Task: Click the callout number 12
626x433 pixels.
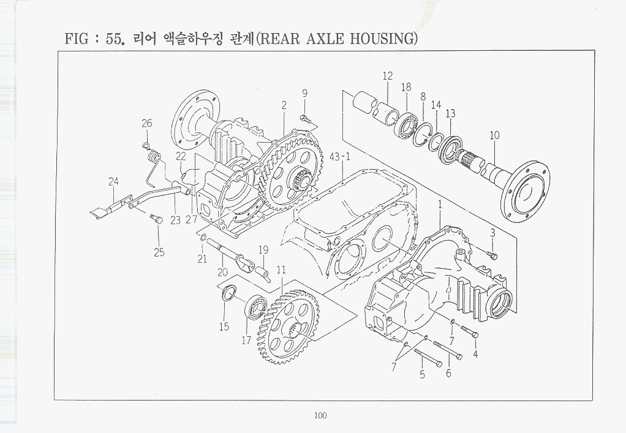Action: point(388,76)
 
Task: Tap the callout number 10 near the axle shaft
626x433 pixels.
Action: point(494,135)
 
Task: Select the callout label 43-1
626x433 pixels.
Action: point(340,157)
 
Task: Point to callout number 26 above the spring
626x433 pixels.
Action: point(147,123)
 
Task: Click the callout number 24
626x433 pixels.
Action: point(113,181)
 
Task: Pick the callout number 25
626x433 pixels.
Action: point(159,252)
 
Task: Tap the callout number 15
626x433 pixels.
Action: point(224,327)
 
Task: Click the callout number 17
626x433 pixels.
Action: point(246,341)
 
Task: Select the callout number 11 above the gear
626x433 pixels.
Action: point(281,270)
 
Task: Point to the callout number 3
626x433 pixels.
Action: point(492,233)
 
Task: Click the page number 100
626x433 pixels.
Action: point(320,415)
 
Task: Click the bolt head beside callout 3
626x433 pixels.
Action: point(492,254)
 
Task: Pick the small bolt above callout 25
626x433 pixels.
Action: point(156,217)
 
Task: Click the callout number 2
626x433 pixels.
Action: point(284,105)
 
